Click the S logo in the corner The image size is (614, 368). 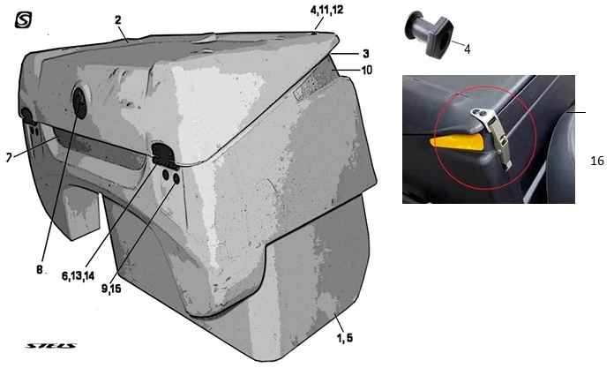pyautogui.click(x=23, y=20)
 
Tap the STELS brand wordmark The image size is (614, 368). pyautogui.click(x=51, y=346)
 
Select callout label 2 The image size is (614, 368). pyautogui.click(x=118, y=19)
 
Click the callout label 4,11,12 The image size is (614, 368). pyautogui.click(x=326, y=10)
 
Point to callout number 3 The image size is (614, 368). pyautogui.click(x=366, y=53)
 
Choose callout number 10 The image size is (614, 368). pyautogui.click(x=366, y=70)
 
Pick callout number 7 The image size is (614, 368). pyautogui.click(x=9, y=158)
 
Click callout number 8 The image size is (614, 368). pyautogui.click(x=39, y=270)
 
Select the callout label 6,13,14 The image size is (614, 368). pyautogui.click(x=78, y=276)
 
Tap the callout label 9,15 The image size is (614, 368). pyautogui.click(x=111, y=289)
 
